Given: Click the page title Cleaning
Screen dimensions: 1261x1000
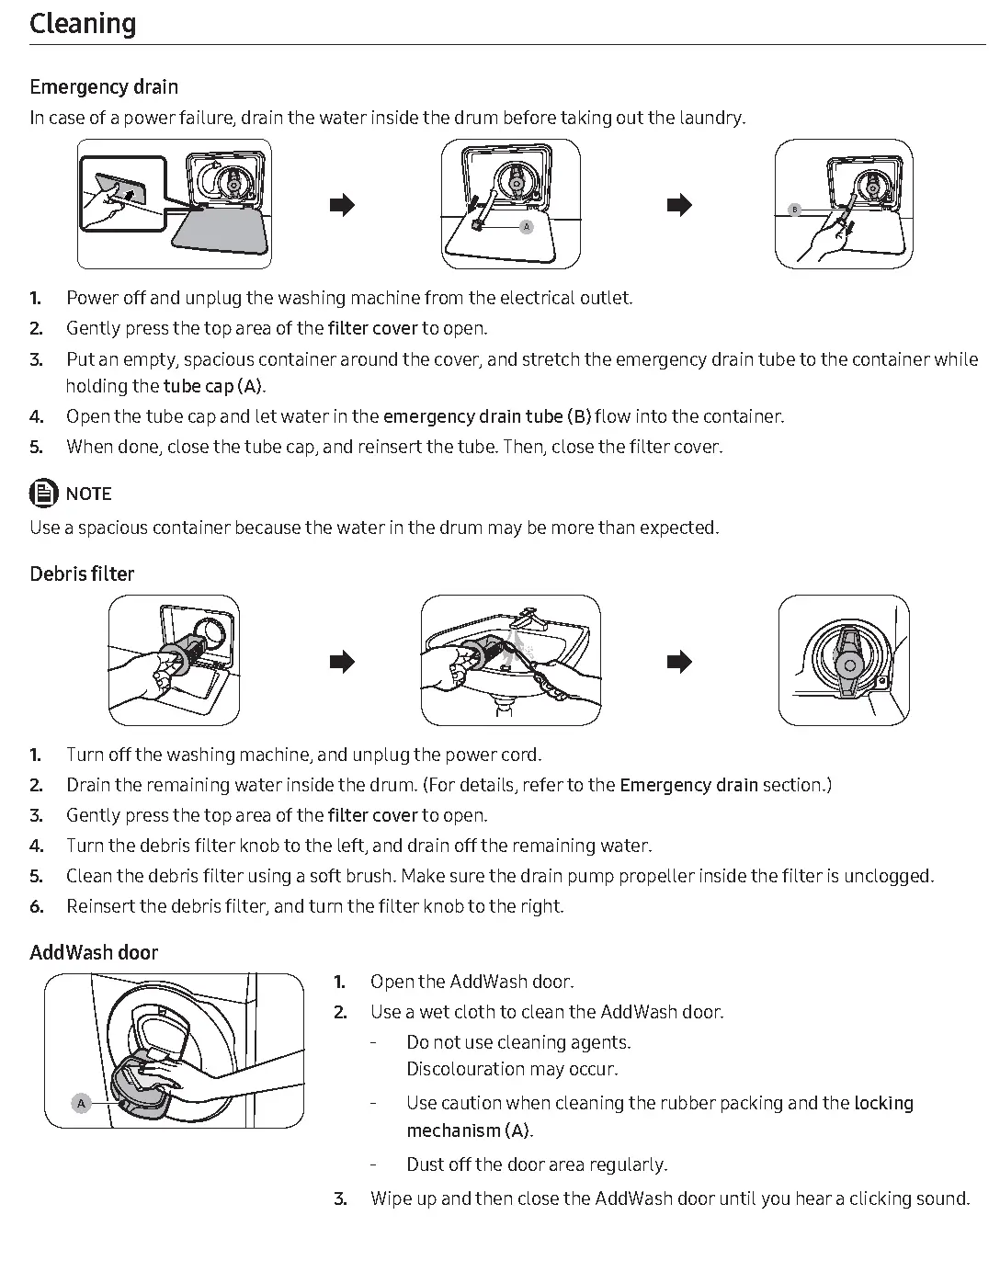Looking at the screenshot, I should (83, 24).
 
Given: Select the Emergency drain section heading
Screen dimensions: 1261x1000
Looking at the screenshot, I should (104, 87).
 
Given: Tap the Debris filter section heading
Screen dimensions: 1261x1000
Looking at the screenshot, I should (82, 574).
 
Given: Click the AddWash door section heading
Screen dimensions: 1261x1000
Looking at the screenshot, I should (94, 953).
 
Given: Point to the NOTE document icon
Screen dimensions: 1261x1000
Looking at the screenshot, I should (43, 494).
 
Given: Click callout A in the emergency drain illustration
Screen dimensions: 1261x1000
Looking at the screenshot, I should (527, 226).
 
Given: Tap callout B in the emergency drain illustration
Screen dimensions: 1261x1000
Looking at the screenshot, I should (795, 210).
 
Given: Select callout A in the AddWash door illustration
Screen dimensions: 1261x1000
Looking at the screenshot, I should (81, 1103).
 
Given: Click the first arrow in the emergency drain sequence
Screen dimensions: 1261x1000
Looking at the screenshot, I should (342, 205).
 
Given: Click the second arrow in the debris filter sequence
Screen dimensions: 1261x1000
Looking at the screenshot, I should (678, 662).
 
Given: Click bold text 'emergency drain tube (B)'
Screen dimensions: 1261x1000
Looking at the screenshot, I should (486, 417).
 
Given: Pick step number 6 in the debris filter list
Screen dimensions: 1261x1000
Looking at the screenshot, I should (36, 907).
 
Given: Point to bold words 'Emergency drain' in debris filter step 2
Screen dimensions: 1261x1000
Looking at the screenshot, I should (688, 786).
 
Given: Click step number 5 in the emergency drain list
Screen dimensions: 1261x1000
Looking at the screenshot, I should (36, 448).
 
